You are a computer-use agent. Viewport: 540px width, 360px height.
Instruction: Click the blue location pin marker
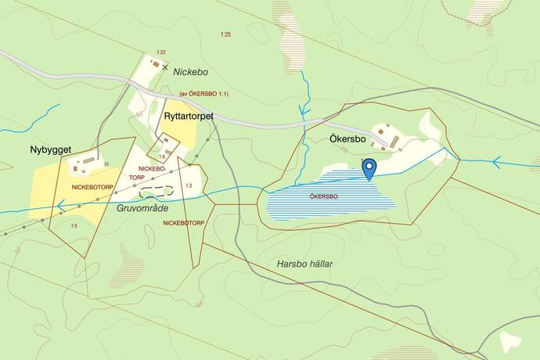[x=370, y=167]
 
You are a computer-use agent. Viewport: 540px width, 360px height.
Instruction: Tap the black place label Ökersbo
[x=342, y=142]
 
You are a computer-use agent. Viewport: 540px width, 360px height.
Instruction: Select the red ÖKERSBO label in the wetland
[x=323, y=196]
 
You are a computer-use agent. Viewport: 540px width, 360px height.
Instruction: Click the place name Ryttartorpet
[x=189, y=117]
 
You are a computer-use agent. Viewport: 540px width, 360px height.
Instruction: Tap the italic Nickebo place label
[x=191, y=72]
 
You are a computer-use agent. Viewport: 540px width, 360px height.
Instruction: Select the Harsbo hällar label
[x=304, y=264]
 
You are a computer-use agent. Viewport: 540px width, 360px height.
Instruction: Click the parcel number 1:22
[x=160, y=52]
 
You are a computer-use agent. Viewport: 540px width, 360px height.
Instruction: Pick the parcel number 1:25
[x=226, y=34]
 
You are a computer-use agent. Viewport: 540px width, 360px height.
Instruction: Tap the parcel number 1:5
[x=74, y=226]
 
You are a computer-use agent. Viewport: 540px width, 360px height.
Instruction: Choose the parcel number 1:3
[x=188, y=185]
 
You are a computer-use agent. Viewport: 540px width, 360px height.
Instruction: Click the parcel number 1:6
[x=161, y=157]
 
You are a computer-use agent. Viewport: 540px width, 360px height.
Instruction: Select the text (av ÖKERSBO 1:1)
[x=203, y=94]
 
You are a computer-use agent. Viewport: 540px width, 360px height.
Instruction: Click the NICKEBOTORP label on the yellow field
[x=92, y=188]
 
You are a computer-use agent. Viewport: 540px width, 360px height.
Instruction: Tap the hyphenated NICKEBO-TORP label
[x=151, y=173]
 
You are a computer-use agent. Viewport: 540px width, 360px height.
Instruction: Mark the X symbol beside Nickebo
[x=164, y=68]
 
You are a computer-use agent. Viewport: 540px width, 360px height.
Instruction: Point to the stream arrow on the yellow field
[x=59, y=206]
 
